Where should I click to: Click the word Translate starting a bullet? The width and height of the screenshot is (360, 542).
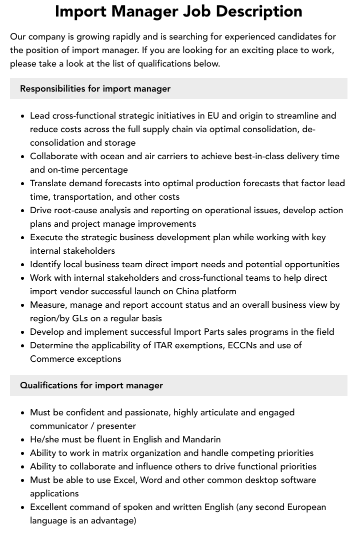tap(50, 183)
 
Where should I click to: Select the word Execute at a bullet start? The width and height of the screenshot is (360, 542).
tap(47, 237)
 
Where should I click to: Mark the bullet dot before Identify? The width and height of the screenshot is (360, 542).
tap(23, 265)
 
